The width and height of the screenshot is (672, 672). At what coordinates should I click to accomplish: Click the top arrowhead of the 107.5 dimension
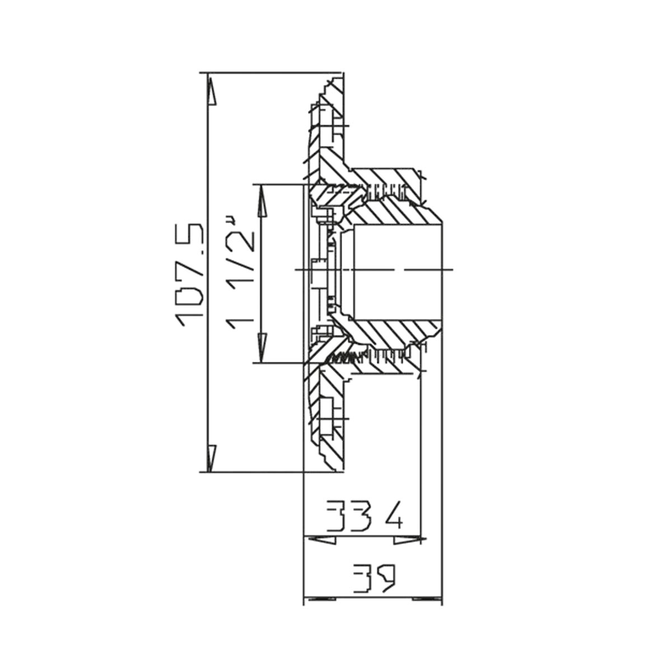click(x=211, y=91)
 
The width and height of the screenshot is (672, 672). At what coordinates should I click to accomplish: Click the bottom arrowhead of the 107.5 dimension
click(x=211, y=459)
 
